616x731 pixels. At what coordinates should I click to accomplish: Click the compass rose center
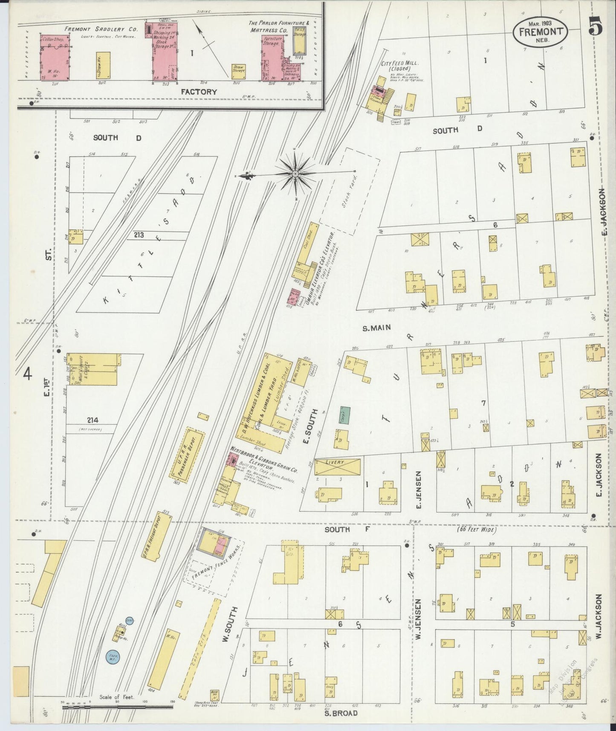point(295,174)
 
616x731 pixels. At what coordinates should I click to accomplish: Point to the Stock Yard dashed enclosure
point(350,191)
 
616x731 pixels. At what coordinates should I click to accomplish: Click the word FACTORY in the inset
point(199,92)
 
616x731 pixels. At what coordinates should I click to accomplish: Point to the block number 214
point(93,420)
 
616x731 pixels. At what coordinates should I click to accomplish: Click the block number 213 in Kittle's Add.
point(138,235)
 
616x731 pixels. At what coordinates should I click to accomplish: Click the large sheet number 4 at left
point(28,374)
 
